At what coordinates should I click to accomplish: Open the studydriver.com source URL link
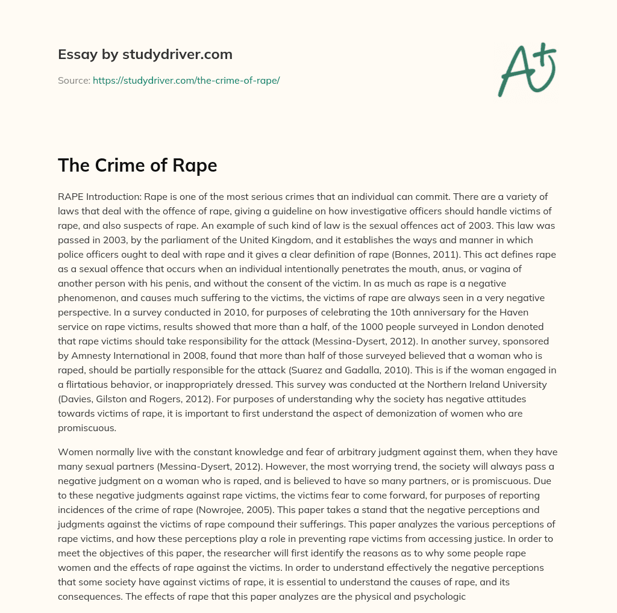pos(186,80)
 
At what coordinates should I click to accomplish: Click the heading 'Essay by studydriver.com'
pos(145,54)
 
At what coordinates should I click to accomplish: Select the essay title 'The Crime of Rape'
pos(137,165)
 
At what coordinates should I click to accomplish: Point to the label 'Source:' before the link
pos(74,80)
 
